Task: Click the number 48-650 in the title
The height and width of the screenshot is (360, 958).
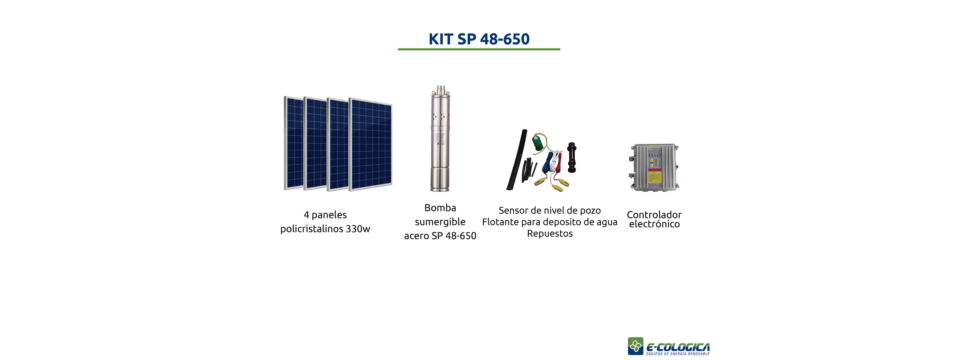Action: click(505, 39)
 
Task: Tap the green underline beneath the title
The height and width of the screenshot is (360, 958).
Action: click(479, 49)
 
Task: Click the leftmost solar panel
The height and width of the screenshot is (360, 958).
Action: click(294, 143)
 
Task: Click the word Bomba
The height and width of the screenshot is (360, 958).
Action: click(440, 208)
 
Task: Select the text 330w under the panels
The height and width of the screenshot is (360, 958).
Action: click(358, 229)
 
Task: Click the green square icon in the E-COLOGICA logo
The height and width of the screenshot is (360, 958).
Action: click(636, 346)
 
